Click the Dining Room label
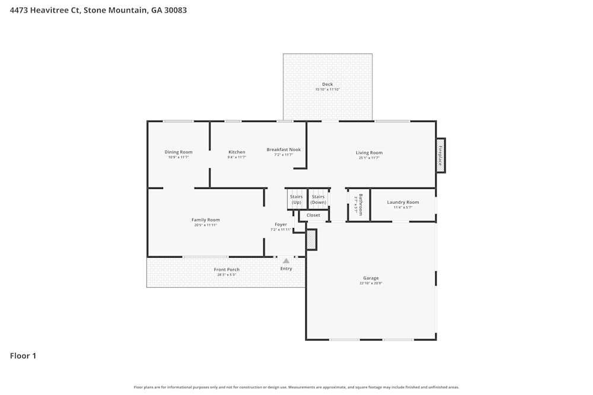[x=178, y=152]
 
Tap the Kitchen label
[x=237, y=152]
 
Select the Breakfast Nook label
[x=283, y=150]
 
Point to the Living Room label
[x=369, y=153]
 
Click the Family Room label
[x=206, y=220]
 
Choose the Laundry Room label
[x=403, y=203]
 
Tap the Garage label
[x=371, y=278]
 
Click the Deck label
[x=327, y=84]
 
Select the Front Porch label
[x=227, y=269]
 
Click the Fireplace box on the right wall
[x=441, y=155]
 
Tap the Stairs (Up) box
[x=296, y=200]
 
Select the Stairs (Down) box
[x=318, y=200]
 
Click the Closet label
[x=313, y=215]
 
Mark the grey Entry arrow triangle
[x=286, y=261]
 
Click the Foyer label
[x=280, y=224]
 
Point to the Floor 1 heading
[x=23, y=356]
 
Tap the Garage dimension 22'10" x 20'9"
[x=371, y=284]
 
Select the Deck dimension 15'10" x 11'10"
[x=327, y=89]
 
